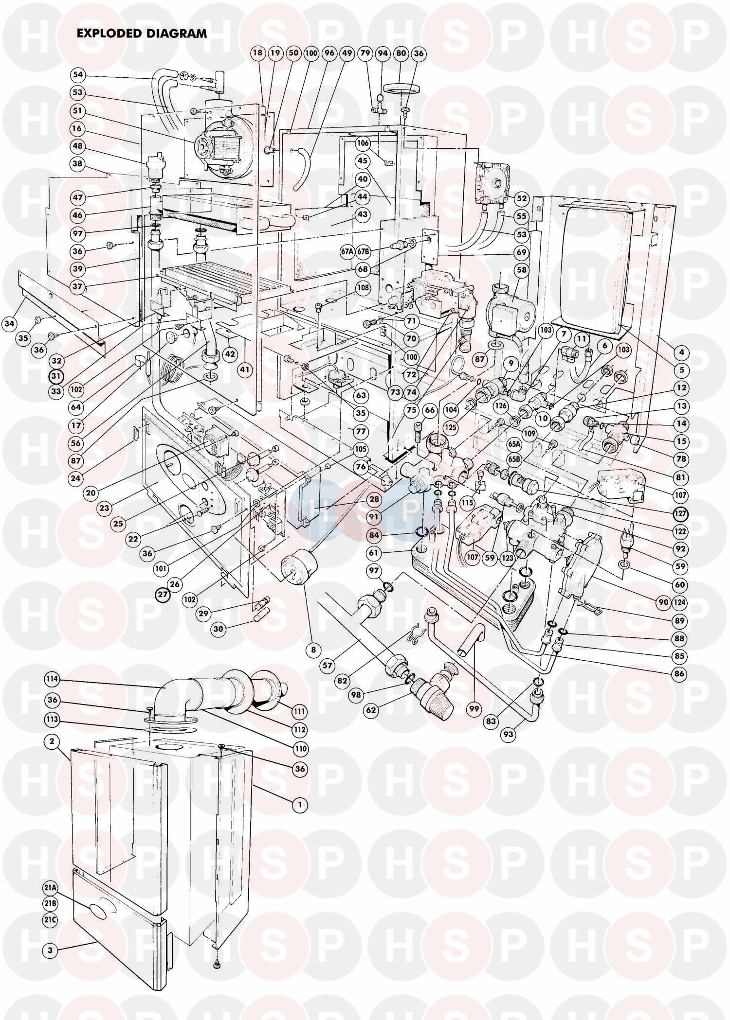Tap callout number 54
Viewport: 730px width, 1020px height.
78,75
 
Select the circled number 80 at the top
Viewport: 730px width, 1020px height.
401,53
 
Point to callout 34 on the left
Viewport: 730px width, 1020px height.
9,323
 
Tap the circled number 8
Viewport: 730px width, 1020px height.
313,649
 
